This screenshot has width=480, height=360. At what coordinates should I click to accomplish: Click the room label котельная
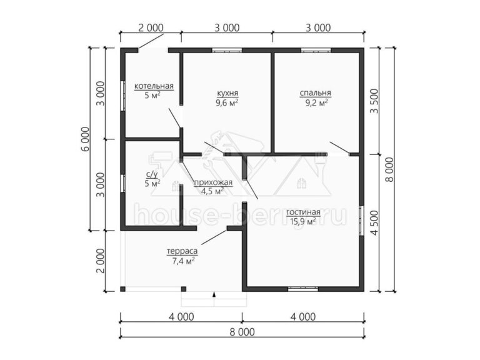[154, 86]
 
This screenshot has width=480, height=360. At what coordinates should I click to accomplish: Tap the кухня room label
[227, 93]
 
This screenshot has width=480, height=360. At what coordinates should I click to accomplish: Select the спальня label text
[315, 93]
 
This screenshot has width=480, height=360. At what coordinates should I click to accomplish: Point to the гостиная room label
[303, 212]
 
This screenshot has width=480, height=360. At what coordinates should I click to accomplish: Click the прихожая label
[213, 182]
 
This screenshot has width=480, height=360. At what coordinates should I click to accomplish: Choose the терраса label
[182, 251]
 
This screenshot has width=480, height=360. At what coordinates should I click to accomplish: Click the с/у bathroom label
[152, 174]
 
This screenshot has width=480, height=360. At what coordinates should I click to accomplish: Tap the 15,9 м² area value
[302, 221]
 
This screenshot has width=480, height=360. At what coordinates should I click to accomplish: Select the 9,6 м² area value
[227, 102]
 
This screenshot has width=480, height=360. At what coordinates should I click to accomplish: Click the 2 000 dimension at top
[151, 28]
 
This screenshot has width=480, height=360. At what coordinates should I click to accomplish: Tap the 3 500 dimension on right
[374, 101]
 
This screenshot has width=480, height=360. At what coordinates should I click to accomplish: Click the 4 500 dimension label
[374, 222]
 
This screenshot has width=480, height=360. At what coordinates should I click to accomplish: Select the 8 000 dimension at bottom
[242, 332]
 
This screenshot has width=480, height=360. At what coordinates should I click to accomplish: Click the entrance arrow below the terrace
[214, 294]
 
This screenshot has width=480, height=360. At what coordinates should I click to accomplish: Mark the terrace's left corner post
[122, 289]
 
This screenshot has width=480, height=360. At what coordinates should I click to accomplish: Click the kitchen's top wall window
[227, 50]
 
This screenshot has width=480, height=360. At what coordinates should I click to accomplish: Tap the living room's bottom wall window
[303, 289]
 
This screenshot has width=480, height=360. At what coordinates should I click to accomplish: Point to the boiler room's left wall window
[123, 96]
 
